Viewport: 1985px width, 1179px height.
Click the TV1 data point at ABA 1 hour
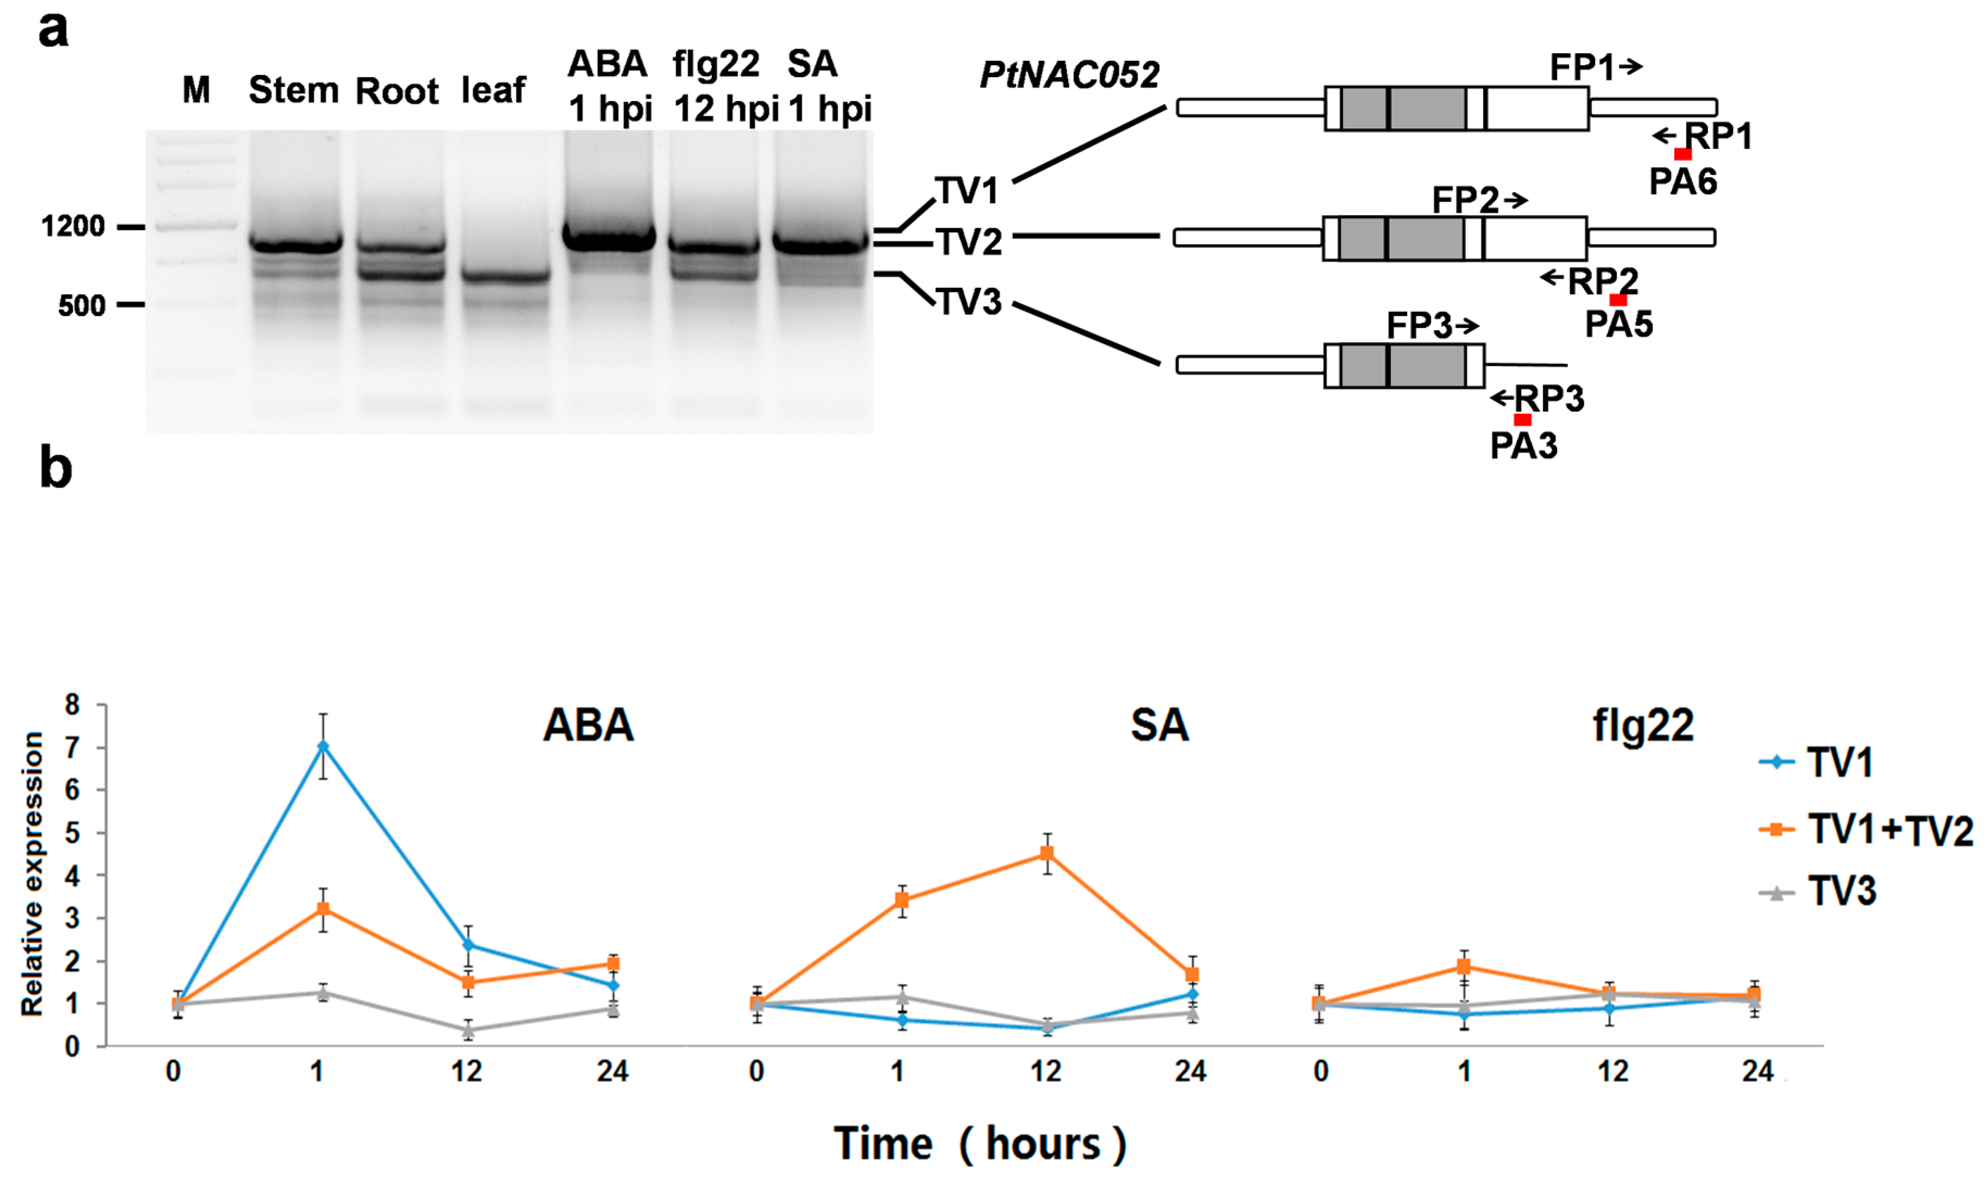point(323,746)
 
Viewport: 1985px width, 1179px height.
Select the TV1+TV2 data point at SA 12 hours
point(1047,853)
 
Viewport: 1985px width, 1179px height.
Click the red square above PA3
point(1522,419)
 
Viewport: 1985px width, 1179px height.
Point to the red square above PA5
point(1618,300)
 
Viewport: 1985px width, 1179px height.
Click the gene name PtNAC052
point(1069,75)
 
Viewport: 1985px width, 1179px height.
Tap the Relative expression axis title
point(32,874)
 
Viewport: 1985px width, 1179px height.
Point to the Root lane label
point(396,91)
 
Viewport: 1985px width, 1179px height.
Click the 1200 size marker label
point(73,227)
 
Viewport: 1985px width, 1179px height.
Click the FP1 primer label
point(1581,67)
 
